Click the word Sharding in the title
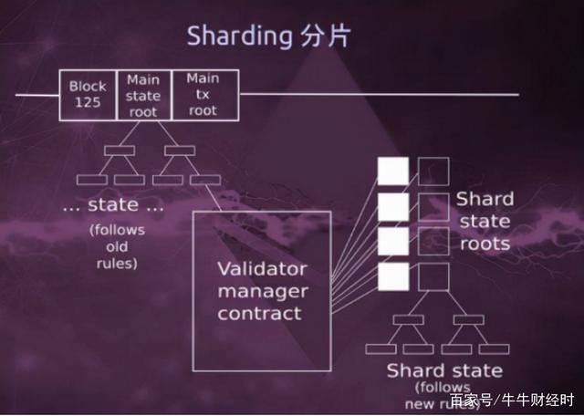point(239,36)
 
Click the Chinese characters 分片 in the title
point(326,36)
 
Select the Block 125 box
point(88,95)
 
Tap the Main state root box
point(143,95)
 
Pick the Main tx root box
point(205,95)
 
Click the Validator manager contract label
point(263,291)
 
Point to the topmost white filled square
point(393,172)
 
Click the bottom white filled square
point(393,276)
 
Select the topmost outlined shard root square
point(433,172)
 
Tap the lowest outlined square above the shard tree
point(433,276)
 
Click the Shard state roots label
point(485,221)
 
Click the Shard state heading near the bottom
point(444,371)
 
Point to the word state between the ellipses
point(113,205)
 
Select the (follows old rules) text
point(117,246)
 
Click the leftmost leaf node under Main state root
point(92,180)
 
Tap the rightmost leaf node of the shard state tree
point(494,349)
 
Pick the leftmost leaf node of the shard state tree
point(381,349)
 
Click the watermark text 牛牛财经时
point(537,400)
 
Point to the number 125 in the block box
point(88,102)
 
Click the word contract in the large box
point(259,314)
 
